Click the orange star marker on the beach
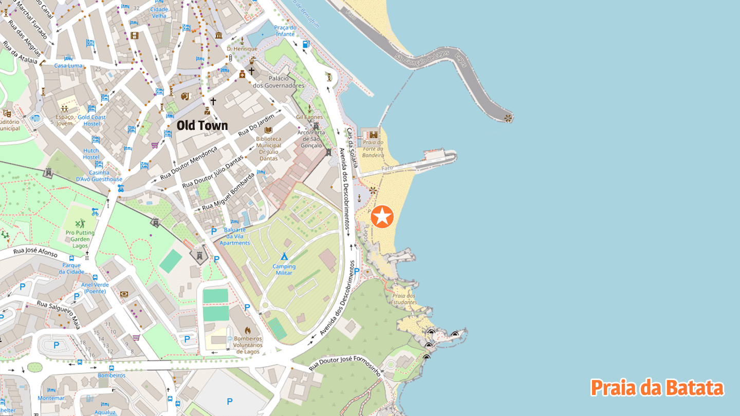[x=382, y=217]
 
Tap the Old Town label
[x=202, y=125]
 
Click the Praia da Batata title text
[x=657, y=388]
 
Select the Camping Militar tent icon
[x=284, y=256]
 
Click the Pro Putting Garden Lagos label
[x=80, y=239]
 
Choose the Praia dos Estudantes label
[x=404, y=299]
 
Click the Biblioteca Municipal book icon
[x=268, y=130]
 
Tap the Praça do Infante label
[x=285, y=31]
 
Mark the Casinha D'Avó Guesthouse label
[x=99, y=176]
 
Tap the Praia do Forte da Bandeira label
[x=373, y=148]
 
